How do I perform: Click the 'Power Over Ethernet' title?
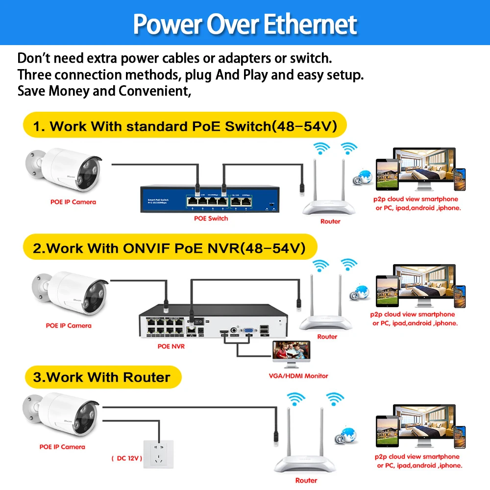point(245,23)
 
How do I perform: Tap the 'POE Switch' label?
point(211,218)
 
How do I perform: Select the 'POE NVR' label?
point(171,346)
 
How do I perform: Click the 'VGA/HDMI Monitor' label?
point(299,376)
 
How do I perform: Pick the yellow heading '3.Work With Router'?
point(102,377)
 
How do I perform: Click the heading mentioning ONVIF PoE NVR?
point(170,248)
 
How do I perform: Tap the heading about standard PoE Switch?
point(185,126)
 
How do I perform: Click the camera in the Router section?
point(59,414)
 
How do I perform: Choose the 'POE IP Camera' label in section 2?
point(69,325)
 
